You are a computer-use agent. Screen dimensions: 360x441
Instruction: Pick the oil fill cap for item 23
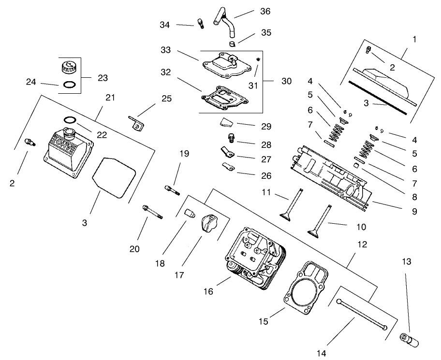point(66,67)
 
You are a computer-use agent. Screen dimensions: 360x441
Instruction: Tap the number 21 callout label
point(110,98)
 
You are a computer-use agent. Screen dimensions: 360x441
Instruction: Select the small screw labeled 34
point(201,23)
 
